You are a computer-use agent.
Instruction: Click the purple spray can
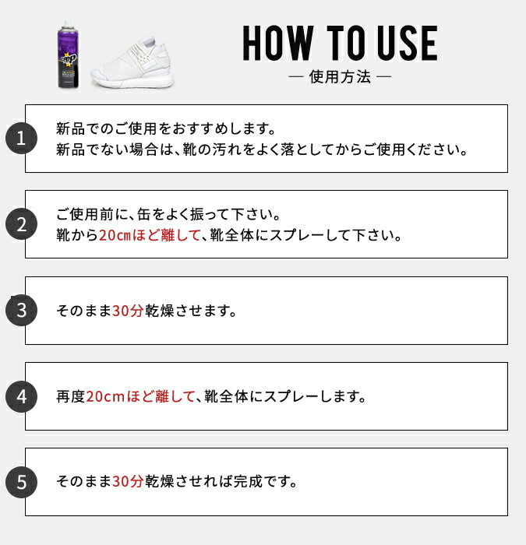coord(69,55)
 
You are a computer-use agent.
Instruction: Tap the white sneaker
coord(132,62)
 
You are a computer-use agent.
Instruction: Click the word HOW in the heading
coord(278,43)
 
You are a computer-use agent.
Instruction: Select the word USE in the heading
coord(408,43)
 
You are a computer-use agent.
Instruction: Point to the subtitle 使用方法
coord(340,76)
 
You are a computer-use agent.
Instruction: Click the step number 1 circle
coord(21,139)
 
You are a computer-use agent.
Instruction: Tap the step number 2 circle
coord(21,224)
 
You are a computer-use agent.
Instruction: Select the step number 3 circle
coord(21,310)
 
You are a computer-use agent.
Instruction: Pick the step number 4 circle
coord(21,396)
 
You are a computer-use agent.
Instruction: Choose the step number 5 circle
coord(21,482)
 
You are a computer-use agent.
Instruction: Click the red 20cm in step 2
coord(115,235)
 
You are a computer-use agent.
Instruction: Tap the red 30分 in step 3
coord(128,311)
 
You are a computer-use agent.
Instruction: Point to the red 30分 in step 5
coord(128,481)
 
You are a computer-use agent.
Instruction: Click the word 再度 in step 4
coord(71,396)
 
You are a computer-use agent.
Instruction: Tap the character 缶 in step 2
coord(144,214)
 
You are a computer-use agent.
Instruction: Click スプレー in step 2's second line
coord(298,235)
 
